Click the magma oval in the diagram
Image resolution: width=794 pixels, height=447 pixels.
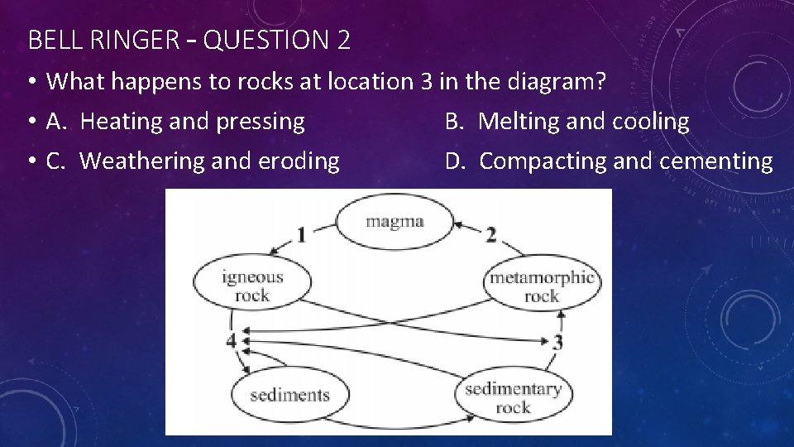click(x=395, y=221)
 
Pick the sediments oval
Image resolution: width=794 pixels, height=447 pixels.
click(x=289, y=395)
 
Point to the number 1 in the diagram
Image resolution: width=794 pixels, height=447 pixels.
click(x=301, y=235)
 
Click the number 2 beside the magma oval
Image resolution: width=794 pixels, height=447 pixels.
click(x=491, y=235)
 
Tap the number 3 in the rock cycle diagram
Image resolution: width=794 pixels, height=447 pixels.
click(x=558, y=342)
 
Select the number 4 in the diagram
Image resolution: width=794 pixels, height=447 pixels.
click(x=231, y=340)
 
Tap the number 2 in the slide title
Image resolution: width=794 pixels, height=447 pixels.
click(x=343, y=40)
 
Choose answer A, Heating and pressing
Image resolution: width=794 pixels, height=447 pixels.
click(x=175, y=122)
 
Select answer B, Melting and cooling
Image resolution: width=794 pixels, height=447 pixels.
click(x=567, y=122)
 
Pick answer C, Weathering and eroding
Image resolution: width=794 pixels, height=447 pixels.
click(x=193, y=161)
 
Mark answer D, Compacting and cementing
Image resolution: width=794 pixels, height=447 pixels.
click(x=609, y=161)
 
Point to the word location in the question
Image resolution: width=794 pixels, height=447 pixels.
click(x=368, y=82)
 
